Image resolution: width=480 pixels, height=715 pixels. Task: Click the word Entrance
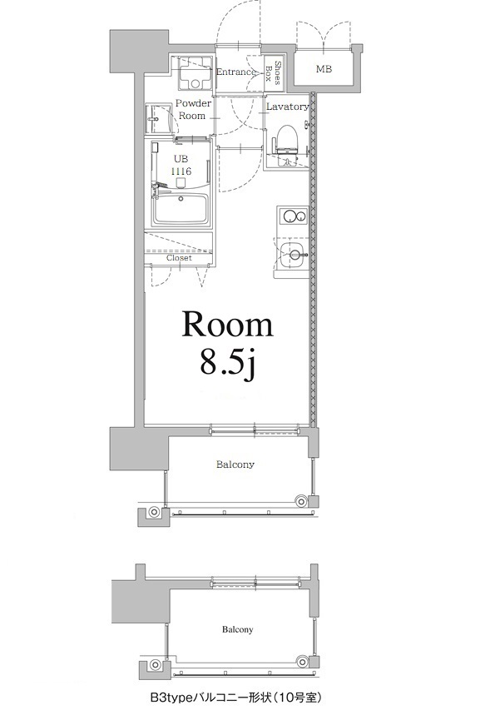(x=235, y=72)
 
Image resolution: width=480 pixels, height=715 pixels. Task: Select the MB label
(x=323, y=69)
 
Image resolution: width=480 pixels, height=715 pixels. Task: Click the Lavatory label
(x=287, y=107)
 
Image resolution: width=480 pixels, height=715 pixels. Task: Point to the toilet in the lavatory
(x=285, y=137)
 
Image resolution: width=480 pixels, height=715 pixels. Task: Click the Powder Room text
(x=192, y=110)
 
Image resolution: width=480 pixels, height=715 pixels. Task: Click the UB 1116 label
(x=181, y=164)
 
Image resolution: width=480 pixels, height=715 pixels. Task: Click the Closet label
(x=179, y=258)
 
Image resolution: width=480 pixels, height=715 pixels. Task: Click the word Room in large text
(x=227, y=326)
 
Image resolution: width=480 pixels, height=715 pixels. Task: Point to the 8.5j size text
(x=226, y=363)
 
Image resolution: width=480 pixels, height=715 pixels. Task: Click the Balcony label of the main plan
(x=235, y=464)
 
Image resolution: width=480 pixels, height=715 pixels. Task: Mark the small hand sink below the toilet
(x=287, y=161)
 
